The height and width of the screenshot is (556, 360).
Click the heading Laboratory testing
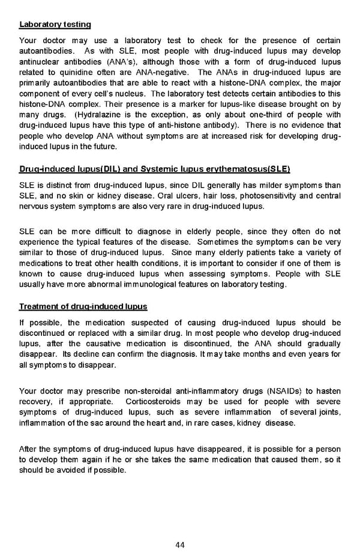55,25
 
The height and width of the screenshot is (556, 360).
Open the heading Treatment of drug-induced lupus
83,306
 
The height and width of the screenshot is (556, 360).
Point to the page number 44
180,545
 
